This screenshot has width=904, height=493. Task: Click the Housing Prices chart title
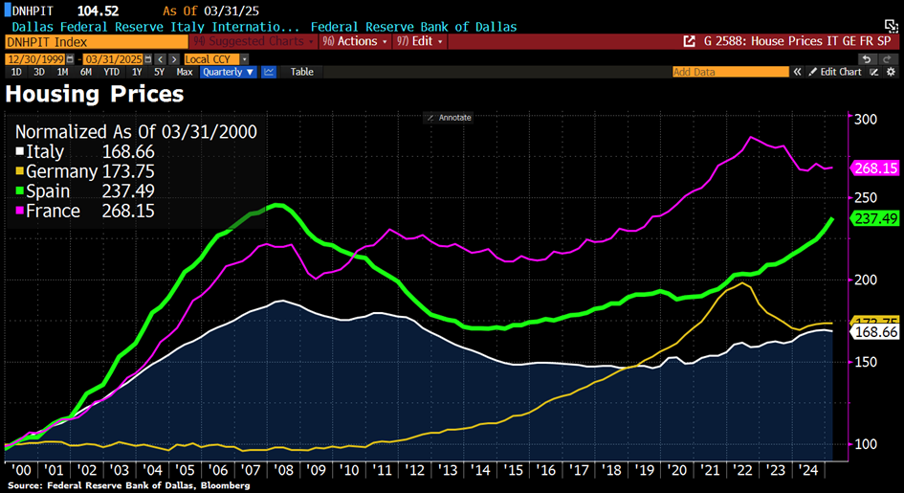pyautogui.click(x=95, y=94)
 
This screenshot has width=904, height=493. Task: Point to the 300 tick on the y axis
pyautogui.click(x=865, y=120)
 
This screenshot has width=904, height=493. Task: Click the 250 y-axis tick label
pyautogui.click(x=865, y=197)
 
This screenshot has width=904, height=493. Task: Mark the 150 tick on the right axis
pyautogui.click(x=865, y=363)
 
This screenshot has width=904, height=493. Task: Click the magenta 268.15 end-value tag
pyautogui.click(x=875, y=168)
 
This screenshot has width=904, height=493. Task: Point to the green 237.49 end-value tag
pyautogui.click(x=875, y=219)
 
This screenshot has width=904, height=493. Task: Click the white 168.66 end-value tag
pyautogui.click(x=875, y=332)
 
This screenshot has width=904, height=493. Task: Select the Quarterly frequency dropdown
pyautogui.click(x=230, y=72)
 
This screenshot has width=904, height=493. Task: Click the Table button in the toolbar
pyautogui.click(x=301, y=72)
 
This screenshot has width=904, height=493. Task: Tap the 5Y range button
pyautogui.click(x=159, y=72)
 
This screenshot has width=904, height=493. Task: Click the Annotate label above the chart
pyautogui.click(x=450, y=118)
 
